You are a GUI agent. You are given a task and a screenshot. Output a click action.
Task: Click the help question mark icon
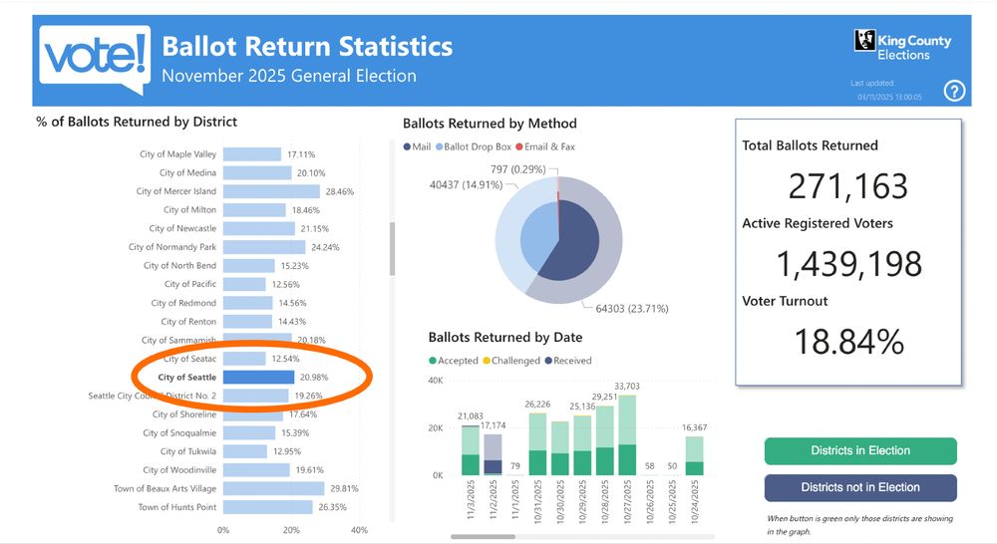coord(954,92)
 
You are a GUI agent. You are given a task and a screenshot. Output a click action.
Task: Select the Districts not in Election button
coord(859,487)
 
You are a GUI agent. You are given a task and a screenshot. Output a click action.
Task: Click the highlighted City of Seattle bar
coord(258,378)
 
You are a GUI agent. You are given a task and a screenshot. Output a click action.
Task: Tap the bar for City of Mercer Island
coord(271,191)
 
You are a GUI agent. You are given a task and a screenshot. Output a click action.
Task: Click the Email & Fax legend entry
coord(549,146)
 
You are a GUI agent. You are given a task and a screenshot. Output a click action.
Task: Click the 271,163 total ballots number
coord(848,186)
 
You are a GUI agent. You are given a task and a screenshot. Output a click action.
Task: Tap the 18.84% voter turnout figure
coord(848,341)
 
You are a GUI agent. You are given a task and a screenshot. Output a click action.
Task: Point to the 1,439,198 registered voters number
coord(848,263)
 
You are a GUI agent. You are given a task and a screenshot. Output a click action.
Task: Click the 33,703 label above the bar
coord(627,387)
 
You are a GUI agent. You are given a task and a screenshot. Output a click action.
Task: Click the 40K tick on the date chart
coord(436,380)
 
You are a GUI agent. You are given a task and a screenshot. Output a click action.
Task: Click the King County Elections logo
coord(902,45)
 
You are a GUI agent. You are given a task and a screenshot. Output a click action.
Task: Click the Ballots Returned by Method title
coord(490,124)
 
